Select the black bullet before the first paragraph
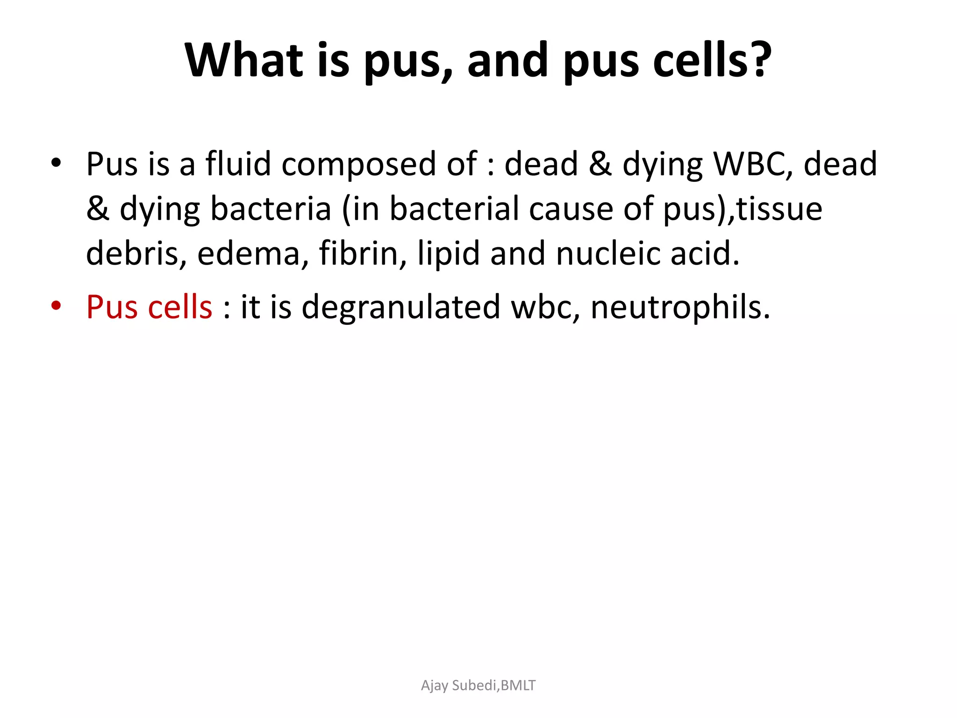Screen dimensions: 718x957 pyautogui.click(x=56, y=163)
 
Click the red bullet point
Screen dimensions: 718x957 pyautogui.click(x=56, y=306)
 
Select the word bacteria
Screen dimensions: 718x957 pyautogui.click(x=271, y=208)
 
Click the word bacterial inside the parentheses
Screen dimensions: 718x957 pyautogui.click(x=454, y=208)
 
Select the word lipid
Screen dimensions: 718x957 pyautogui.click(x=448, y=254)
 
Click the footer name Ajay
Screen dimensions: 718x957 pyautogui.click(x=435, y=686)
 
